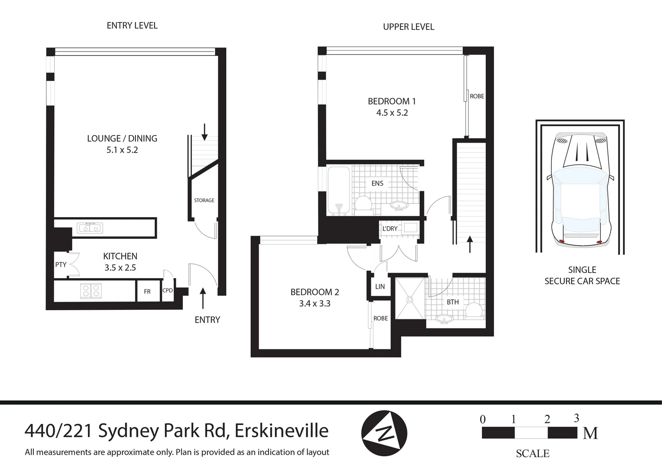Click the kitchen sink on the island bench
(90, 228)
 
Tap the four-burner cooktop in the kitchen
(91, 290)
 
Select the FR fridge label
(147, 292)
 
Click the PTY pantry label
(61, 264)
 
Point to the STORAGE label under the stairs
(204, 200)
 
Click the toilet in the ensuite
(363, 205)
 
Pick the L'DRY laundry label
(390, 228)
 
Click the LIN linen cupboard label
(380, 286)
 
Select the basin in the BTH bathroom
(444, 319)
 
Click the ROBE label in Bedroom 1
(477, 96)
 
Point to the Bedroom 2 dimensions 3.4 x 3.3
(315, 304)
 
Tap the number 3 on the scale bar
(576, 418)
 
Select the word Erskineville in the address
(281, 431)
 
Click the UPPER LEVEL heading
(408, 27)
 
